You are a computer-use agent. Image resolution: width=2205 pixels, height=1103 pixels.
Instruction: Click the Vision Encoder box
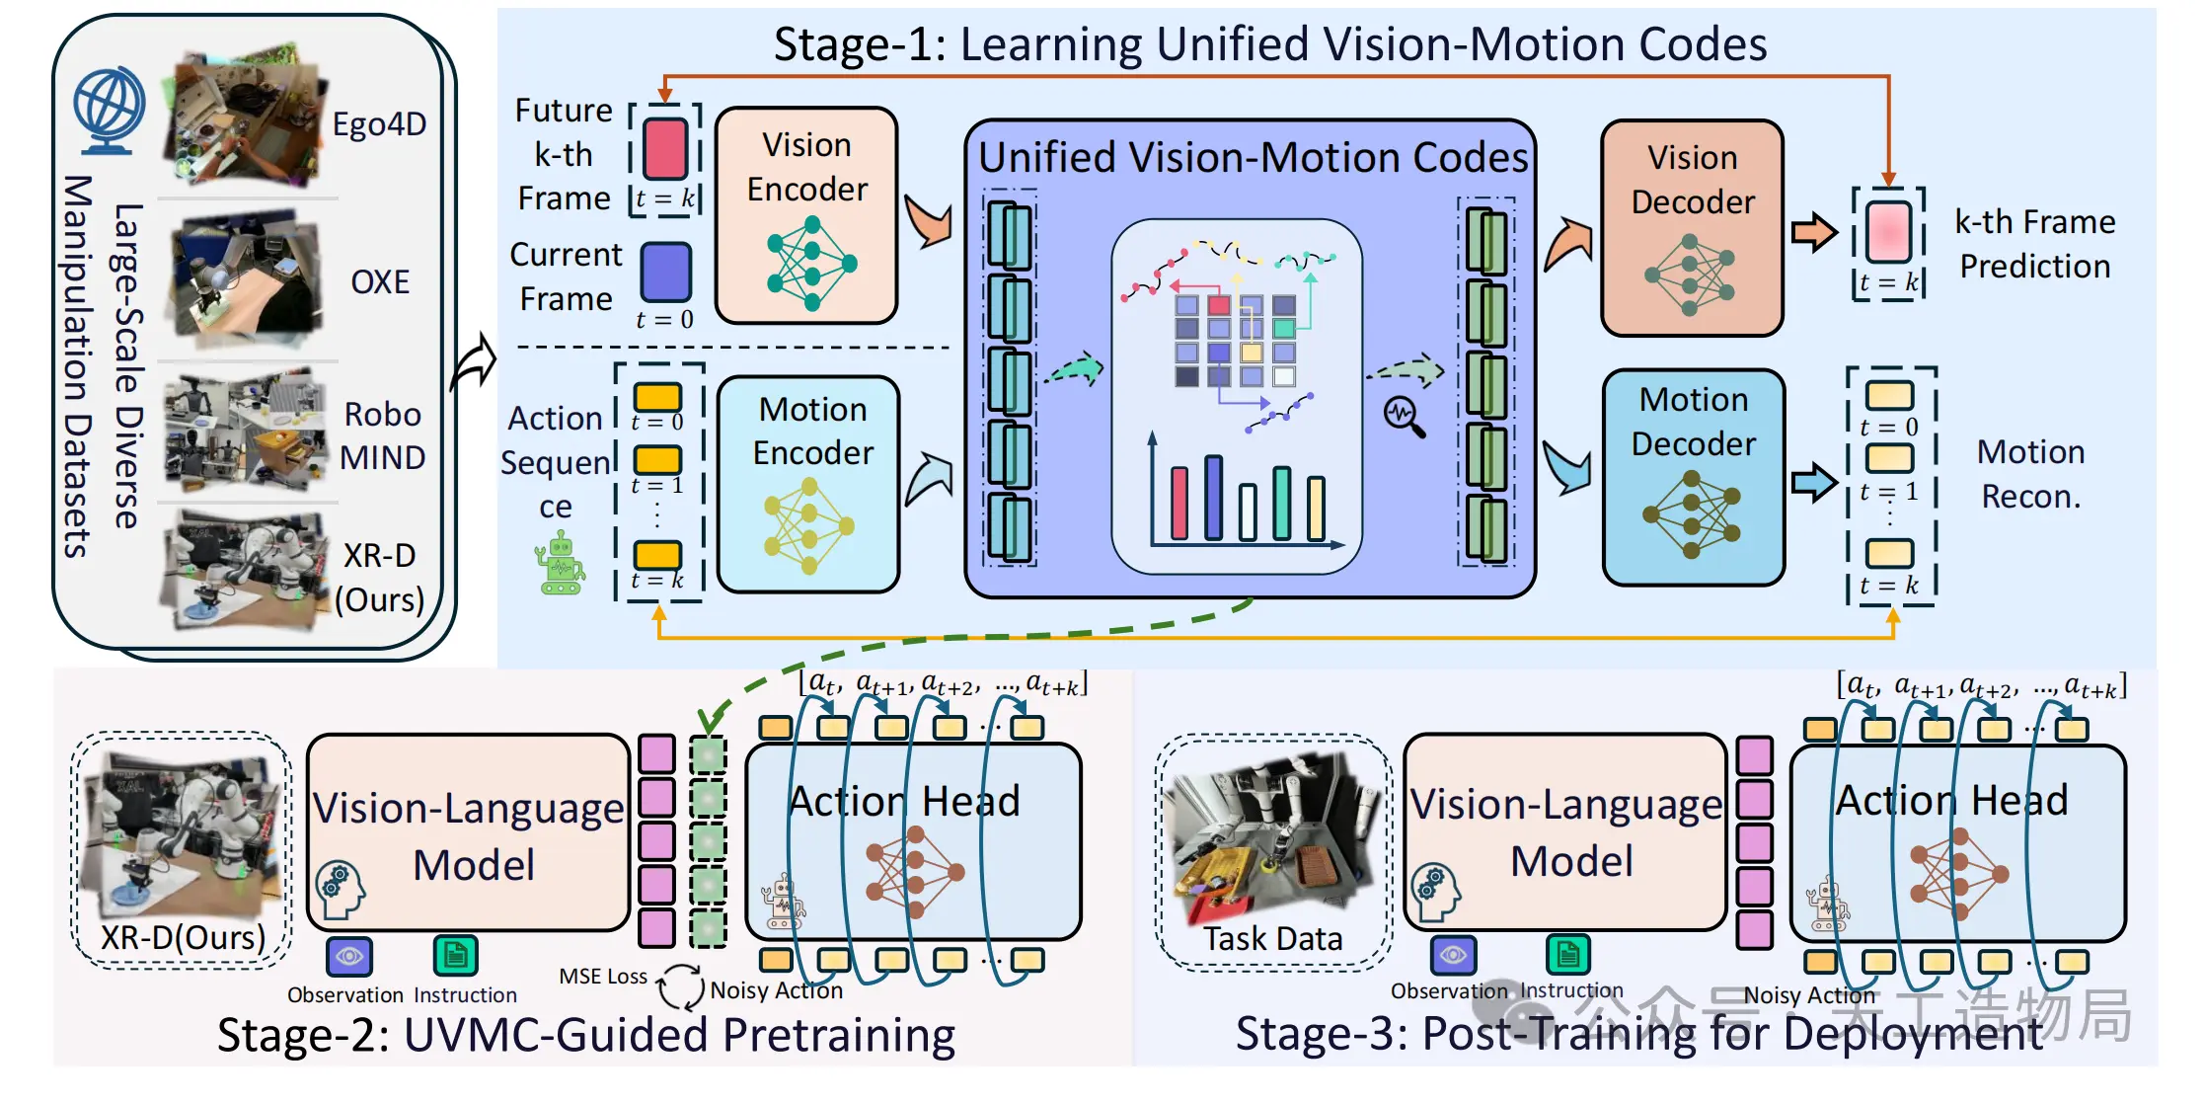(x=806, y=215)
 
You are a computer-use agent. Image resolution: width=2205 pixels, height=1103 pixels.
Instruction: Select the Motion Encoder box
(x=808, y=484)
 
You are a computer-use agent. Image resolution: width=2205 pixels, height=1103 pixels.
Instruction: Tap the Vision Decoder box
(x=1692, y=228)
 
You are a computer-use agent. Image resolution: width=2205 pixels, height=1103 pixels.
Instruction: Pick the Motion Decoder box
(x=1694, y=478)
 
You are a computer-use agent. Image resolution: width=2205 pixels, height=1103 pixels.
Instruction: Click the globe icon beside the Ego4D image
(x=109, y=110)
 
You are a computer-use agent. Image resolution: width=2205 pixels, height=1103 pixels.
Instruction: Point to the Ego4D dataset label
(x=379, y=124)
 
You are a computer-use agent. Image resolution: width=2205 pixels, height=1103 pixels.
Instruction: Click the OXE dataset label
(x=380, y=281)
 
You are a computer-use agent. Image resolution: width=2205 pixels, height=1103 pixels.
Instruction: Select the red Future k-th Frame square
(x=665, y=148)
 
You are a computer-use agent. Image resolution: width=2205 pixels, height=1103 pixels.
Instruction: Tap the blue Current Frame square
(x=666, y=272)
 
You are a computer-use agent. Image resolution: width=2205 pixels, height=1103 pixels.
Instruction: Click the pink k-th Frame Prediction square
(x=1888, y=230)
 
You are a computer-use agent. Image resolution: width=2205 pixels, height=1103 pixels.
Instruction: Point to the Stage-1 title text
(x=1270, y=44)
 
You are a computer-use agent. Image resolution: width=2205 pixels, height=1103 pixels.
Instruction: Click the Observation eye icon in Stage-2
(x=349, y=956)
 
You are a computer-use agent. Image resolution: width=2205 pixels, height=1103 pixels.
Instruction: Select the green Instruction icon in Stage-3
(x=1567, y=954)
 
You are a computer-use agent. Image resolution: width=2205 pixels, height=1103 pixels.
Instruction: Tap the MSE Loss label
(x=603, y=977)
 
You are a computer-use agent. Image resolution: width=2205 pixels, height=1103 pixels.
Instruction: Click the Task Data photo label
(x=1272, y=938)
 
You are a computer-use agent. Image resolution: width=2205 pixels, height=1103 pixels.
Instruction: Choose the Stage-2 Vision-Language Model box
(x=469, y=832)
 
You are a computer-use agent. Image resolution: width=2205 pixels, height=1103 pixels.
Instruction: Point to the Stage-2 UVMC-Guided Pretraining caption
(x=586, y=1036)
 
